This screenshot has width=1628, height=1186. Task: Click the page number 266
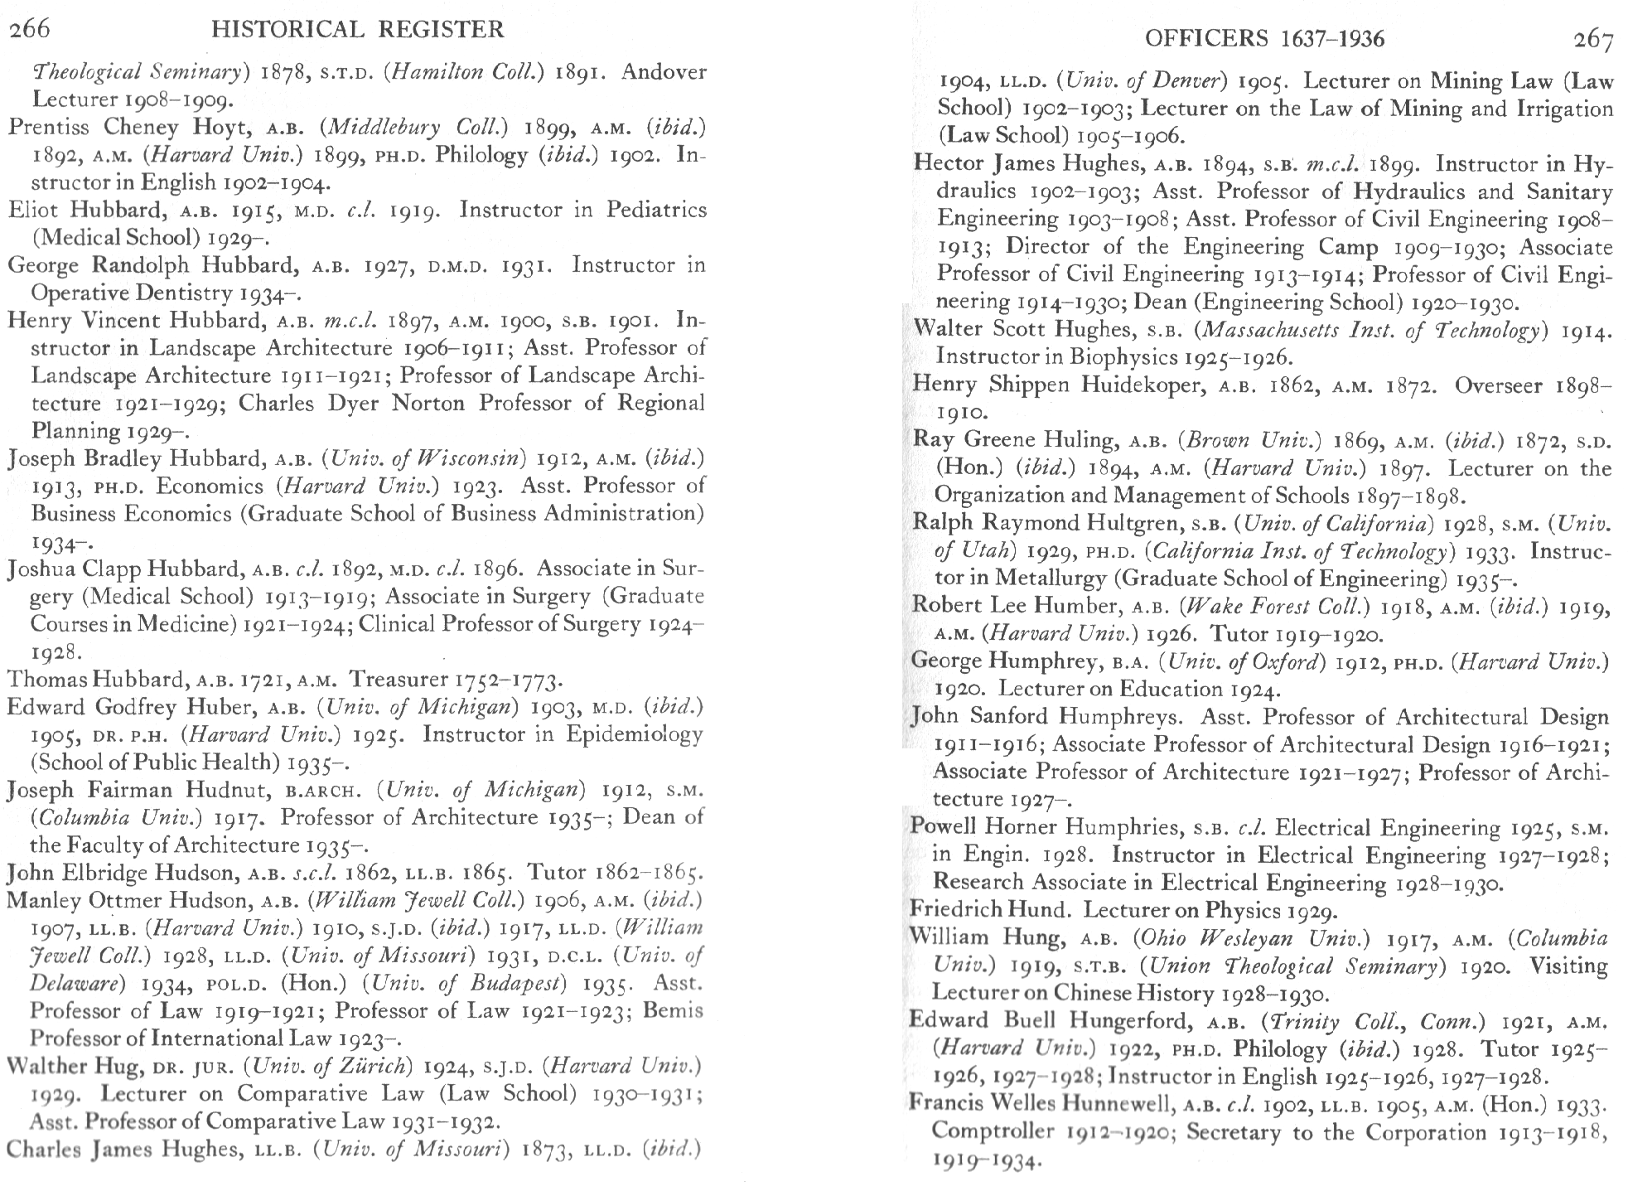[30, 29]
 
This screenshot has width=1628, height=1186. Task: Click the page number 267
[1592, 39]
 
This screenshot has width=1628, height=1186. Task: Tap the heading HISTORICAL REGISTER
[358, 30]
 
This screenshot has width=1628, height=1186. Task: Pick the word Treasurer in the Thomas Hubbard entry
[400, 680]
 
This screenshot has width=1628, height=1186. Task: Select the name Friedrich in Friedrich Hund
[950, 910]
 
